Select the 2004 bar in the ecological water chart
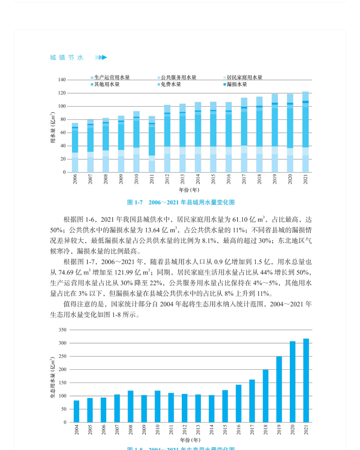coord(77,411)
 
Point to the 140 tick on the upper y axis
coord(62,80)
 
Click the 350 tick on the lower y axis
coord(62,330)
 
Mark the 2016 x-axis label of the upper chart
coord(229,179)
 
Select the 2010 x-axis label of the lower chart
coord(158,429)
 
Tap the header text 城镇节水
coord(67,57)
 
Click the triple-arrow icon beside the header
coord(101,57)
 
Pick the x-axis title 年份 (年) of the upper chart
coord(189,190)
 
